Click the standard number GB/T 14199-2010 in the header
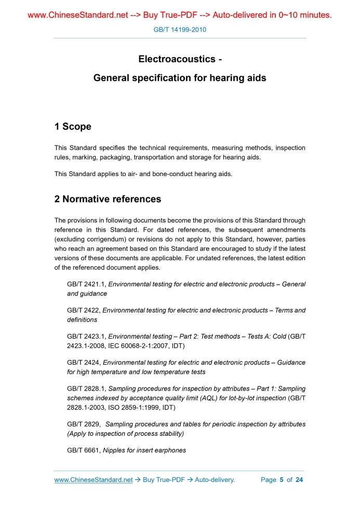(x=180, y=30)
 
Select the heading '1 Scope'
(x=73, y=127)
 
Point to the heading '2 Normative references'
(x=108, y=199)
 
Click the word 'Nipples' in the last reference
(x=115, y=450)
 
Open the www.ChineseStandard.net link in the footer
(x=94, y=480)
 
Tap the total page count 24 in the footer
(x=299, y=480)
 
